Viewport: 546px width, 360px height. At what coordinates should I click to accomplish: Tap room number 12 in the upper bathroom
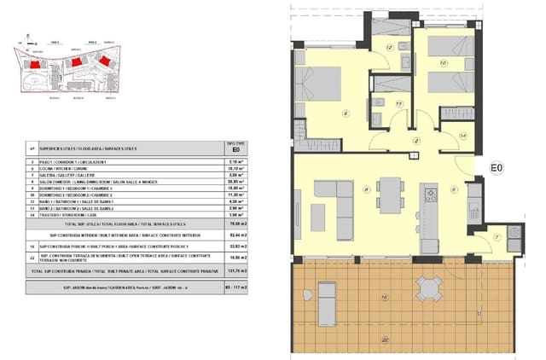tap(389, 48)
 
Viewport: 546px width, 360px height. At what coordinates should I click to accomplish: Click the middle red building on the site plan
tap(76, 62)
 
